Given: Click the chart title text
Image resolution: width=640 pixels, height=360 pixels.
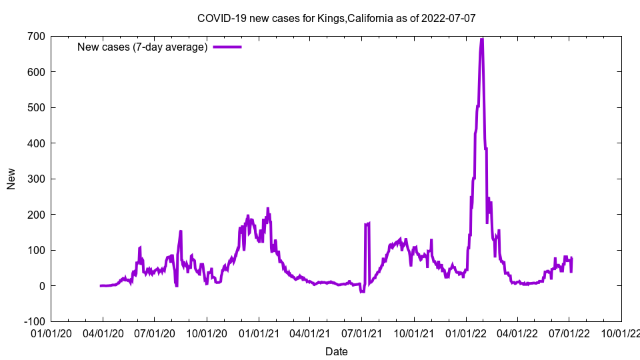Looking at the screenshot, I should (336, 18).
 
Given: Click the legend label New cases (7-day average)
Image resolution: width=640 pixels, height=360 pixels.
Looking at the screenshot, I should (143, 47).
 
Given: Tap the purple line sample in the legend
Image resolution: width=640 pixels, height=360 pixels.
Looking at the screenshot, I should (227, 47).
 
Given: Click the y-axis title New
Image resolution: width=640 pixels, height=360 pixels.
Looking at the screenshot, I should (11, 179).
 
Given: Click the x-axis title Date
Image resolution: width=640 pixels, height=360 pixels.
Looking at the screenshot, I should (336, 351).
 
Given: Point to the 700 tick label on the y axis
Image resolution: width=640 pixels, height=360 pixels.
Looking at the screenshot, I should (36, 36).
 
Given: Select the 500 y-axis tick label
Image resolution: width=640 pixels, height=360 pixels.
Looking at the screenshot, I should (36, 107).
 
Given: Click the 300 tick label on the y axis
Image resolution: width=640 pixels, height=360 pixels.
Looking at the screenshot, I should (36, 179).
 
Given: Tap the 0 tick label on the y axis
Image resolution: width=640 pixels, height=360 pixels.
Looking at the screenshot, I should (41, 286).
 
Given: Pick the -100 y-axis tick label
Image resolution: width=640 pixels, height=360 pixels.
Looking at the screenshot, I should (34, 321).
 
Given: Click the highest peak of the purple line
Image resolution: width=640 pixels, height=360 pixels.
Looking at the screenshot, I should (481, 39).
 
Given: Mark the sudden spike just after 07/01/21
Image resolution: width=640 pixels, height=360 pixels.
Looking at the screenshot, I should (367, 224).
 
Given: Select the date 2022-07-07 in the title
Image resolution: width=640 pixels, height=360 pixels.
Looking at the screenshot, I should (448, 18).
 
